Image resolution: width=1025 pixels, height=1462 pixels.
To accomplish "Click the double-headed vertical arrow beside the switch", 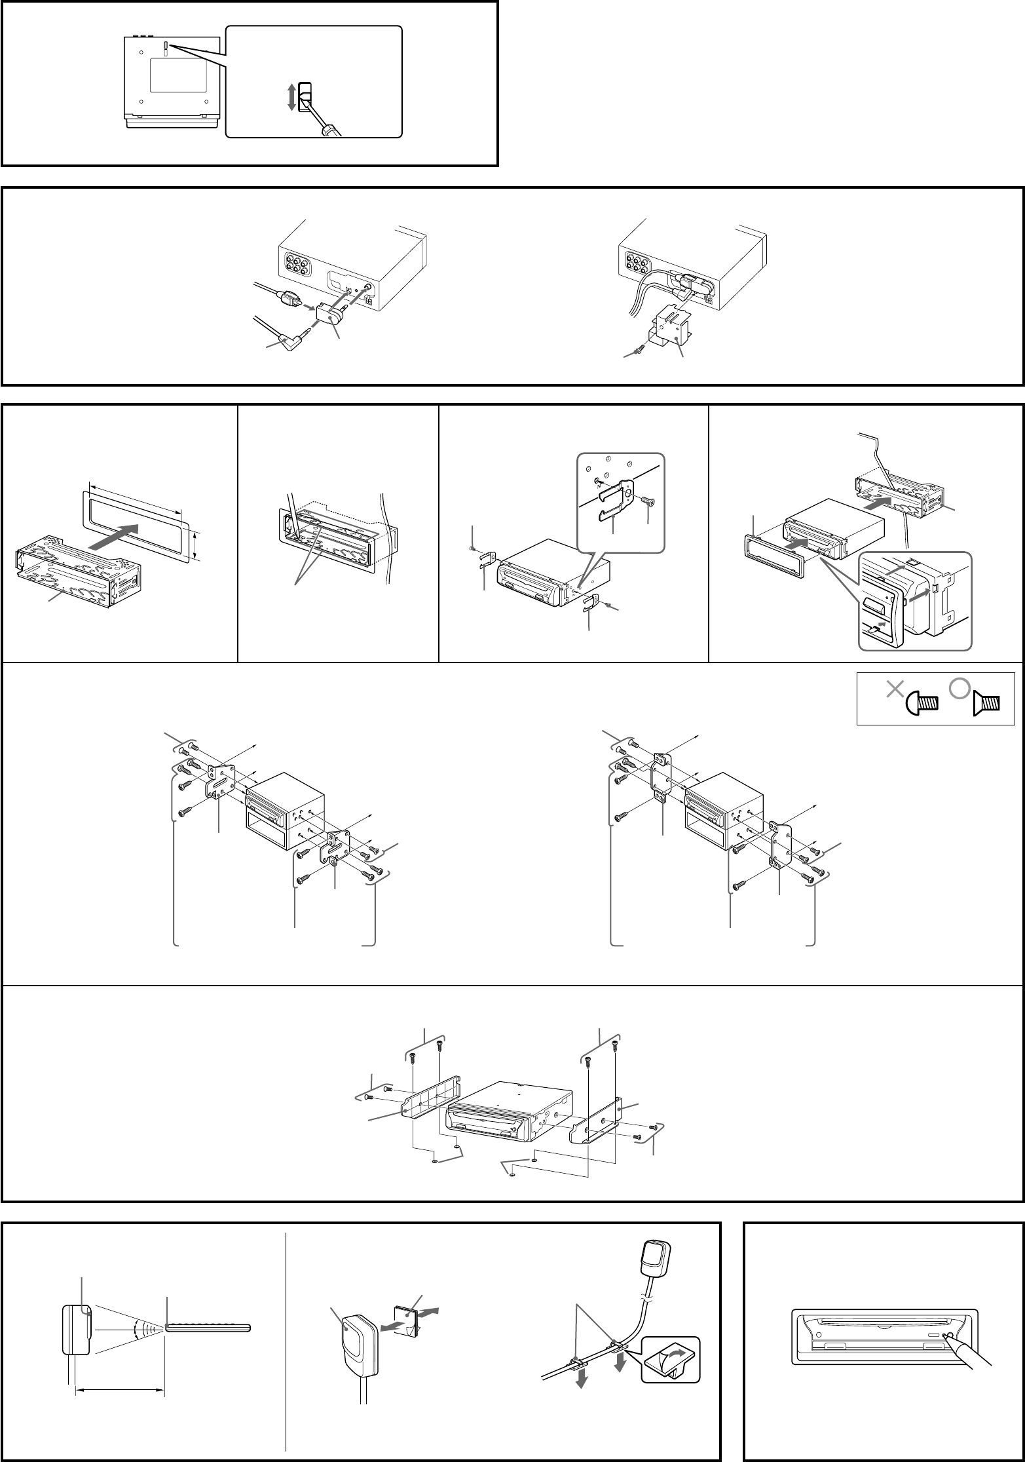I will (x=291, y=97).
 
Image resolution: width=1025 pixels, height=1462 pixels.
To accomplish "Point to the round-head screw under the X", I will (x=922, y=704).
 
